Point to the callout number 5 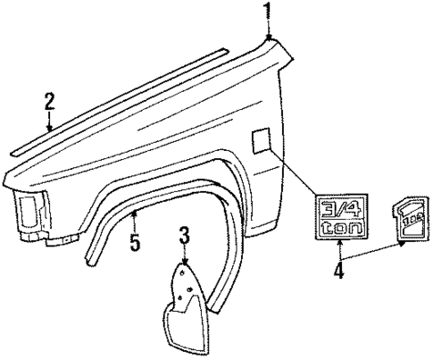click(x=134, y=242)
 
